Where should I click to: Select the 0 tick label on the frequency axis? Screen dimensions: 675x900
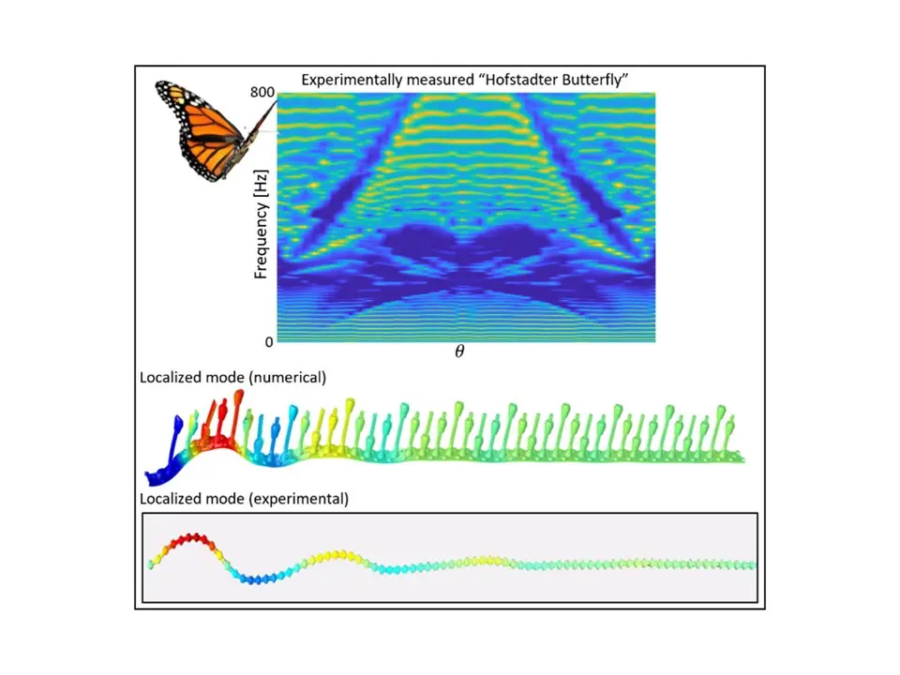point(269,342)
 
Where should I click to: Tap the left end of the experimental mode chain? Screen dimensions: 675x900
point(151,564)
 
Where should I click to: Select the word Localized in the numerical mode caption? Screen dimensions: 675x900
point(170,378)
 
